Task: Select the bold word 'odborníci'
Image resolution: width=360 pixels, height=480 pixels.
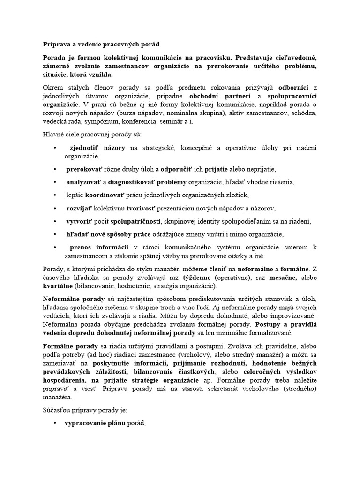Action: (295, 88)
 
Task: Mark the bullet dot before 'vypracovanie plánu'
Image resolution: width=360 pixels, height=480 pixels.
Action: (55, 423)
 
